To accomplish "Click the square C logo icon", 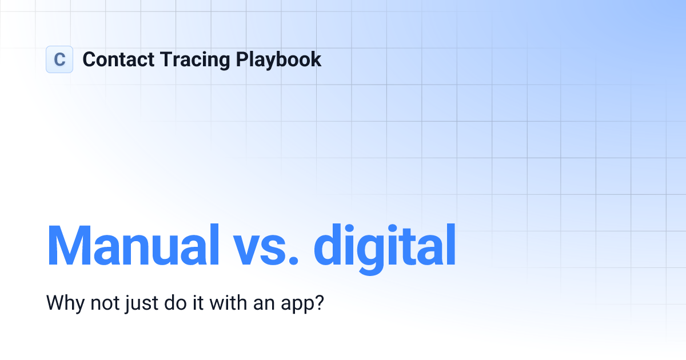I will tap(59, 59).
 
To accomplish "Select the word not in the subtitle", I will tap(105, 302).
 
